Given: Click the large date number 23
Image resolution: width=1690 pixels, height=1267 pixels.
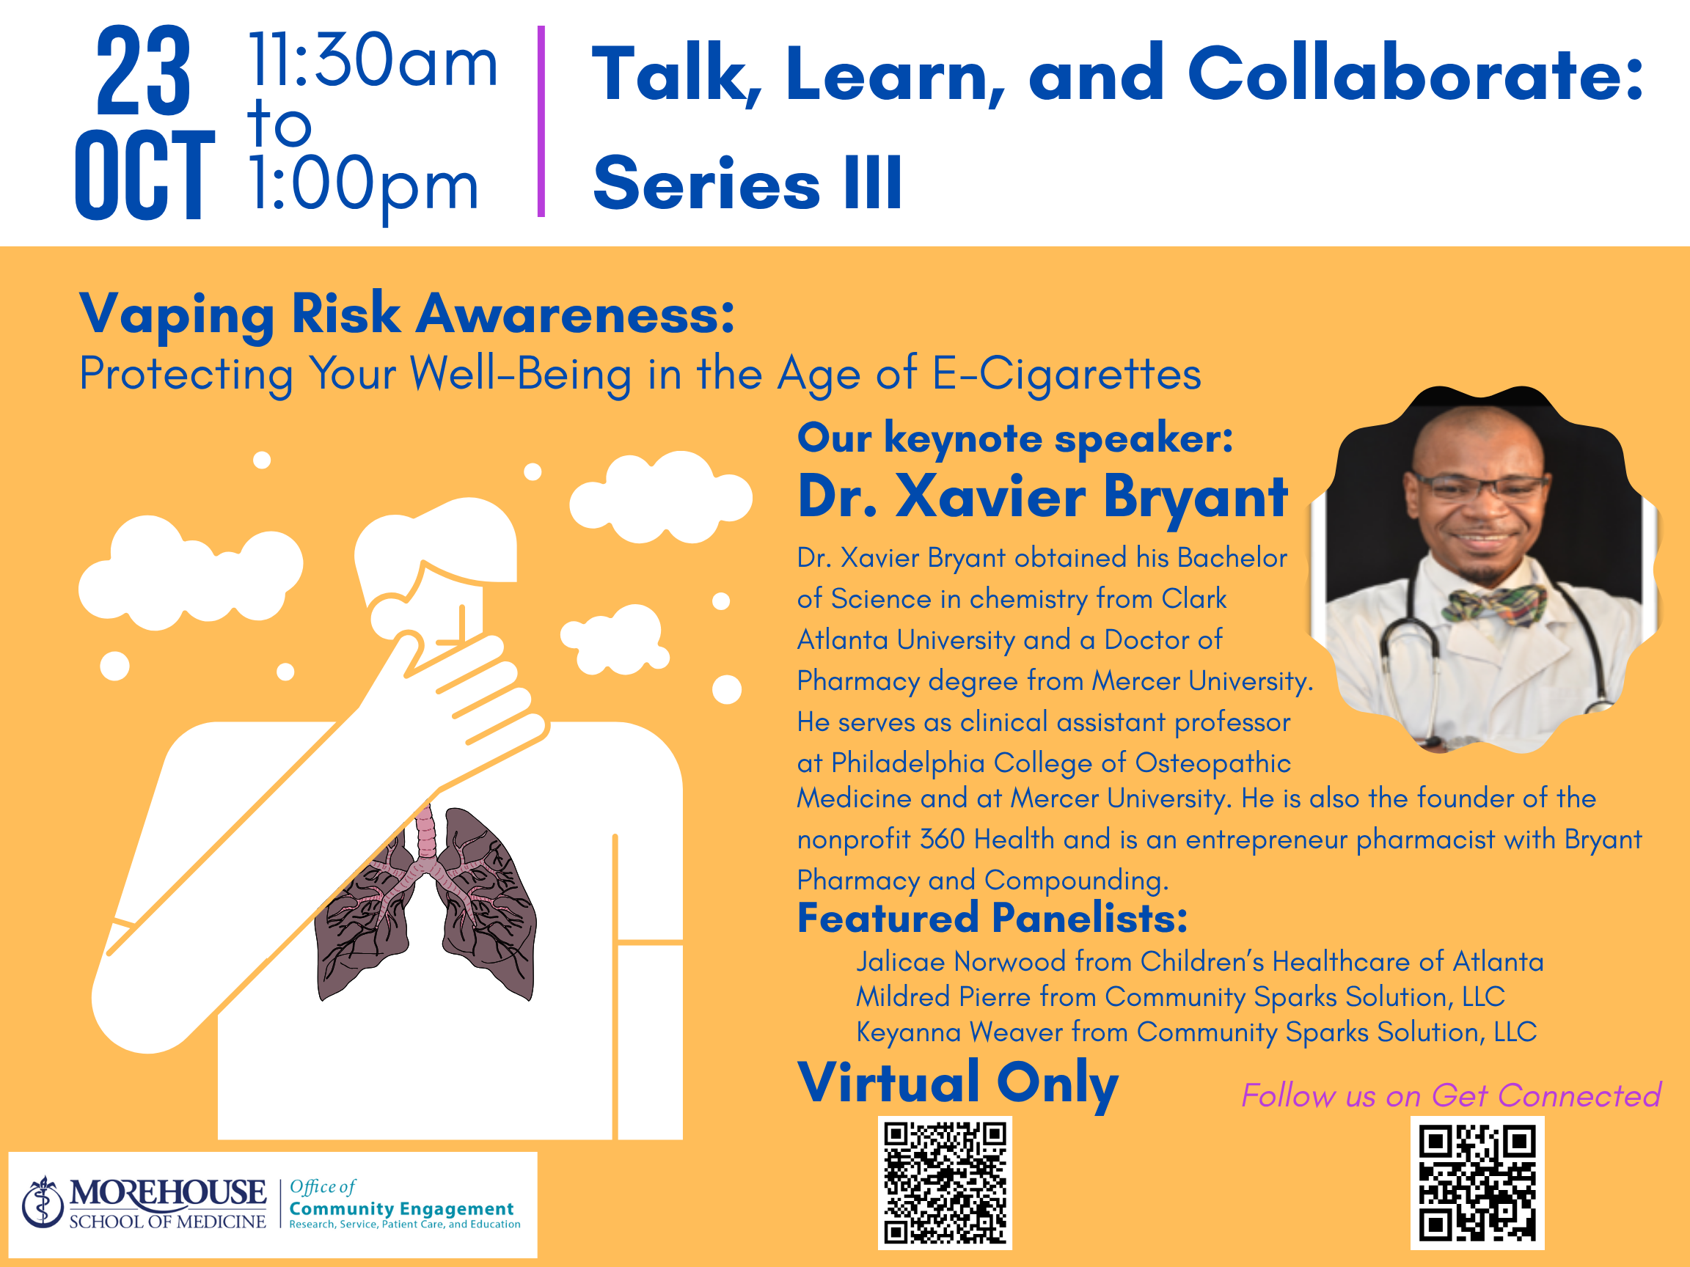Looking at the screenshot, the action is tap(143, 70).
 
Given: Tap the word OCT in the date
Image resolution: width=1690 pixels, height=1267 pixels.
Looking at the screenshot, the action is tap(145, 174).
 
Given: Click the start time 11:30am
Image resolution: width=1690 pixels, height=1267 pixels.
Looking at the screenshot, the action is tap(373, 61).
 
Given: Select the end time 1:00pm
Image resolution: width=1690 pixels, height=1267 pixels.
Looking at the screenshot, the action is tap(365, 186).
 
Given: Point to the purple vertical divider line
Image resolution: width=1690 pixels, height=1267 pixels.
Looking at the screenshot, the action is tap(541, 122).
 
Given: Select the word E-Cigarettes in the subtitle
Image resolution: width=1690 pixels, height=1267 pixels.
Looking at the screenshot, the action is tap(1067, 374).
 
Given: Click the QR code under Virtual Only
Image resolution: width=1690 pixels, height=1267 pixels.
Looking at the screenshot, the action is tap(945, 1183).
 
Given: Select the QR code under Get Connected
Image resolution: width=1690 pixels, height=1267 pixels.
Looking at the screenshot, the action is tap(1477, 1183).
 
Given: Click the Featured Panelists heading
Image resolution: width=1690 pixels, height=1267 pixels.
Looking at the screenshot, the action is tap(992, 918).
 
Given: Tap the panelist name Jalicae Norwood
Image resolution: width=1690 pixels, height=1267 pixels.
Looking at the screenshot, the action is tap(960, 961).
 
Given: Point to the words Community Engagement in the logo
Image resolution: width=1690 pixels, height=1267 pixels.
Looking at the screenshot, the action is tap(401, 1210).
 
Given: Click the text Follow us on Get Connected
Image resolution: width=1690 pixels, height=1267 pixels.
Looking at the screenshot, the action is tap(1451, 1096).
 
